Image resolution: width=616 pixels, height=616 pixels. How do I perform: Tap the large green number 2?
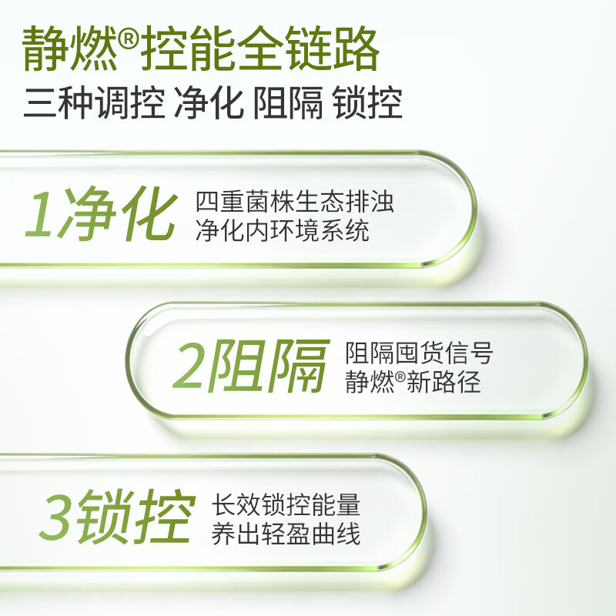click(191, 365)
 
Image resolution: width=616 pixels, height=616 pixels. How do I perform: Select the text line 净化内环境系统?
click(282, 230)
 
